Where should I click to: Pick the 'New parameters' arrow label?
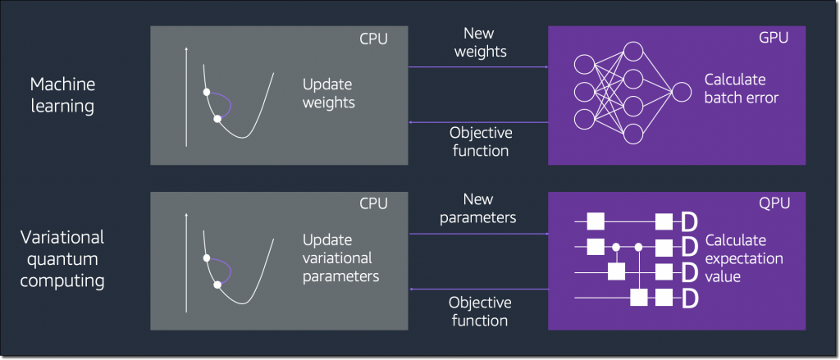pyautogui.click(x=478, y=209)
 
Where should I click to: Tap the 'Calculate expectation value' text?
pyautogui.click(x=744, y=258)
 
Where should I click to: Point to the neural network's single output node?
pyautogui.click(x=682, y=93)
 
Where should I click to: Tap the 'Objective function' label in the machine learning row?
pyautogui.click(x=479, y=141)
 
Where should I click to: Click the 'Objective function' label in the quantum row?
pyautogui.click(x=480, y=311)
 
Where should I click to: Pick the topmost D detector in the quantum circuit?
pyautogui.click(x=689, y=221)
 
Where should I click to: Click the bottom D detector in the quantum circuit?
pyautogui.click(x=689, y=298)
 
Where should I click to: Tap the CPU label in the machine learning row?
pyautogui.click(x=373, y=39)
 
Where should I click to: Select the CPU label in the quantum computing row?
pyautogui.click(x=373, y=205)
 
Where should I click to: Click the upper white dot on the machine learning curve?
pyautogui.click(x=207, y=92)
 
